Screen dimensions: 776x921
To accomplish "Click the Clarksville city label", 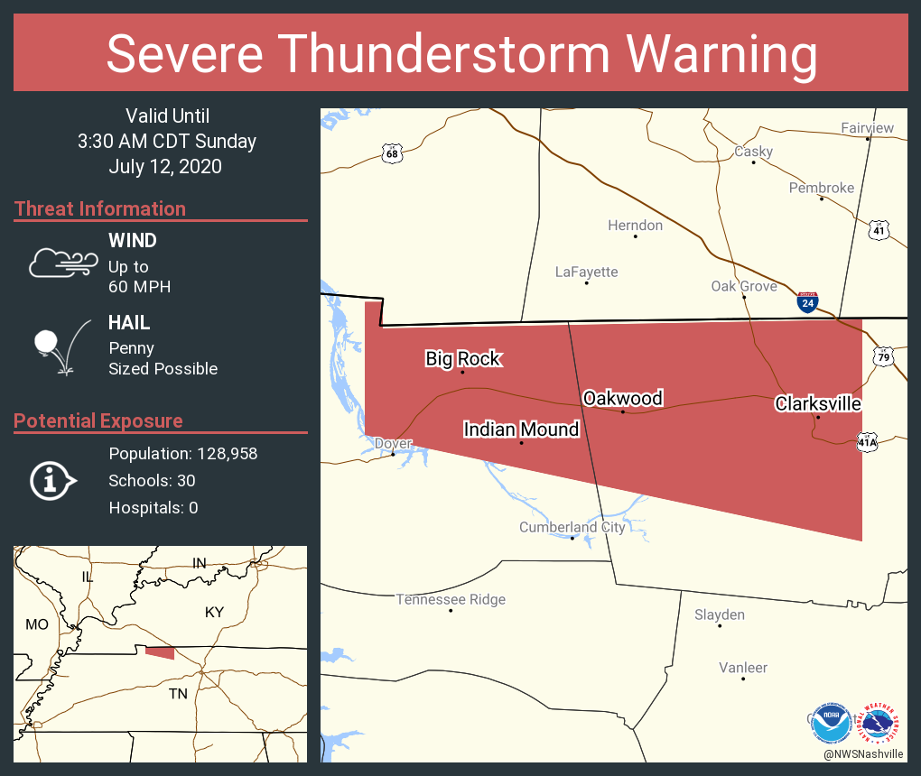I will coord(818,403).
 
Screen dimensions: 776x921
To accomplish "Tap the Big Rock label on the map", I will coord(463,358).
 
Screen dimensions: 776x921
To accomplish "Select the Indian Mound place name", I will coord(521,430).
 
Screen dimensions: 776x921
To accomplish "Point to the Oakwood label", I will coord(623,398).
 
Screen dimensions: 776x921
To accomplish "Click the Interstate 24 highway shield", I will coord(808,302).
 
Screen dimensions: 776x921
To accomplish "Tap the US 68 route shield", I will coord(391,153).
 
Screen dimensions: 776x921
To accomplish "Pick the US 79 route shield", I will coord(883,357).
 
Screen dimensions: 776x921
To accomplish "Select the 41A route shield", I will coord(867,442).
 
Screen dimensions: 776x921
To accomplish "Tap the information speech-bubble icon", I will coord(52,480).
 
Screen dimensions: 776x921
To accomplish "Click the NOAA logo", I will coord(830,722).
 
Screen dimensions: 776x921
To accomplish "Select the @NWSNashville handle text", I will coord(863,753).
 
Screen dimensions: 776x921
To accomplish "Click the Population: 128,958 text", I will coord(182,453).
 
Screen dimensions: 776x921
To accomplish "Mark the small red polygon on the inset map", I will coord(161,652).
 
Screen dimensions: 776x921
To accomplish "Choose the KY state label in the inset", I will coord(214,612).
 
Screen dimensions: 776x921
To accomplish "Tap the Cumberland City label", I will coord(572,527).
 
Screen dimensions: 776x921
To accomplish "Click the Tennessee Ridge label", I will coord(451,599).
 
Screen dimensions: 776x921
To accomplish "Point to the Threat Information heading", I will coord(100,208).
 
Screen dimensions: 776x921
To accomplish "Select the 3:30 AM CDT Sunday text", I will coord(167,141).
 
